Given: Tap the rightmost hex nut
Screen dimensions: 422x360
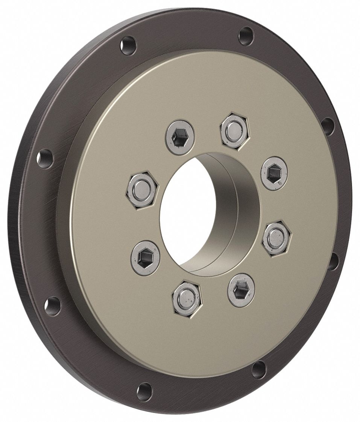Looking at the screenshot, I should [277, 238].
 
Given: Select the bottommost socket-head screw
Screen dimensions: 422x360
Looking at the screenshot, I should [241, 290].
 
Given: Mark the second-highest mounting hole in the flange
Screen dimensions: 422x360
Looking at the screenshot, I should [128, 46].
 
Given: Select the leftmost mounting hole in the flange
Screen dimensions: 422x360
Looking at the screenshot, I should [45, 158].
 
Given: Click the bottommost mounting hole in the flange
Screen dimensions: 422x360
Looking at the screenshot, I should [144, 392].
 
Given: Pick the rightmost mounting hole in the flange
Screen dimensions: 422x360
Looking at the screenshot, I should [333, 261].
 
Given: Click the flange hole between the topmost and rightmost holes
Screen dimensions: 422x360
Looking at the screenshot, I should [328, 126].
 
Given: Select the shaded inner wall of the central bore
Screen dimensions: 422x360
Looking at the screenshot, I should [226, 211].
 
